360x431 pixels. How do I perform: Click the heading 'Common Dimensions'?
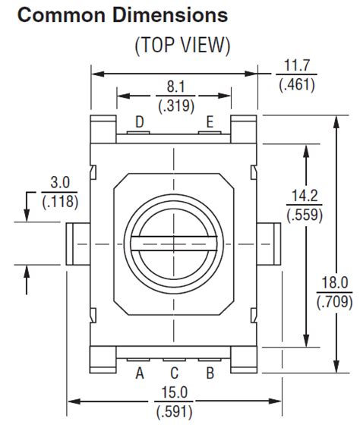(x=122, y=14)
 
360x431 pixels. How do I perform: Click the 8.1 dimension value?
(x=175, y=87)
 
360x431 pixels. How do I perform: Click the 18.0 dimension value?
(x=334, y=284)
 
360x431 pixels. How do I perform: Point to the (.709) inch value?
(x=334, y=301)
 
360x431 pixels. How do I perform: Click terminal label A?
(x=140, y=373)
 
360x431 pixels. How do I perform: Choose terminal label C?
(x=174, y=373)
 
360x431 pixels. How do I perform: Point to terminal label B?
(x=210, y=373)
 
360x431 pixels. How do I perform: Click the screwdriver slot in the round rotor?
(x=175, y=242)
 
